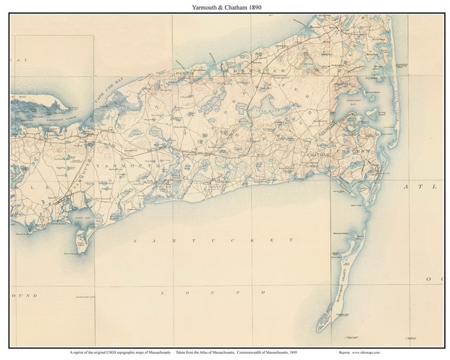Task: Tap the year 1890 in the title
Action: click(252, 6)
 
